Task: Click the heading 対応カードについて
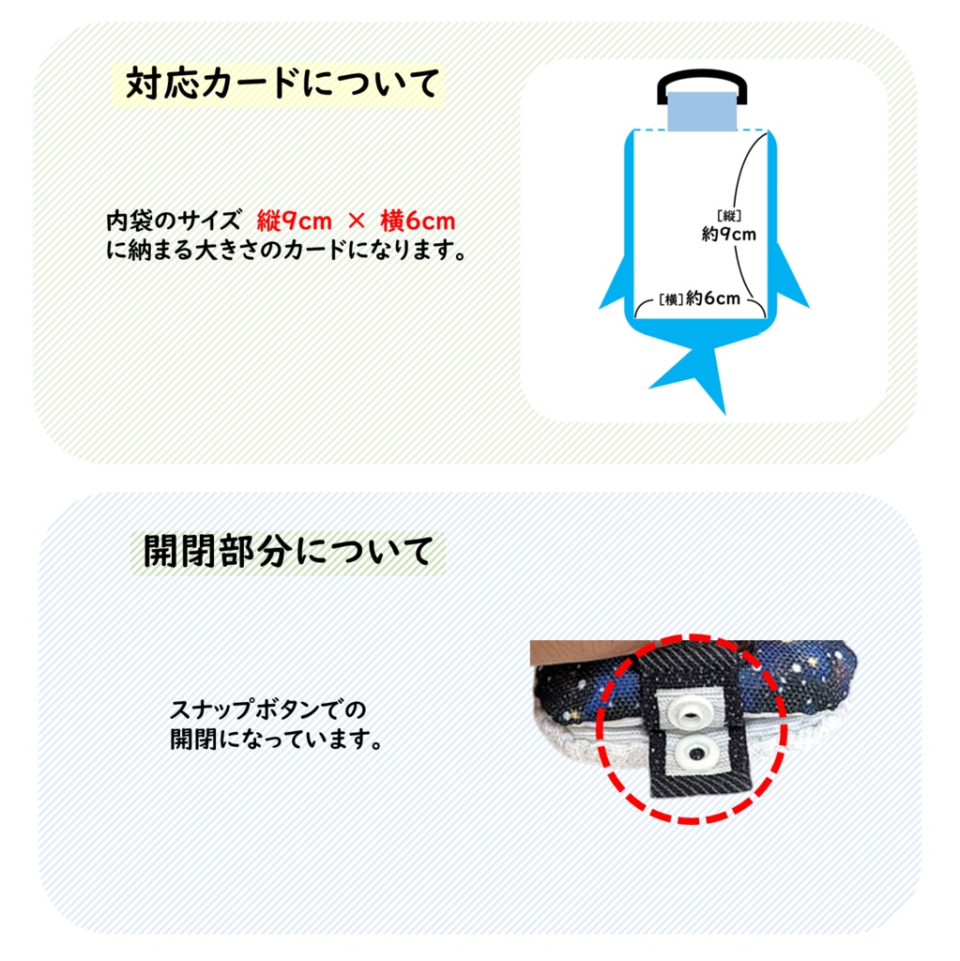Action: pyautogui.click(x=282, y=84)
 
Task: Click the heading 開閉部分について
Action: pyautogui.click(x=289, y=551)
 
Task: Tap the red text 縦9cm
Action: pyautogui.click(x=294, y=221)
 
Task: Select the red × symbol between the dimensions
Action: pyautogui.click(x=356, y=222)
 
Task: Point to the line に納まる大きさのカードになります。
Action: pyautogui.click(x=286, y=252)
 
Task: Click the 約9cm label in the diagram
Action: pyautogui.click(x=728, y=235)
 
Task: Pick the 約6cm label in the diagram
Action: pyautogui.click(x=713, y=298)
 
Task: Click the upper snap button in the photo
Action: pyautogui.click(x=691, y=716)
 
